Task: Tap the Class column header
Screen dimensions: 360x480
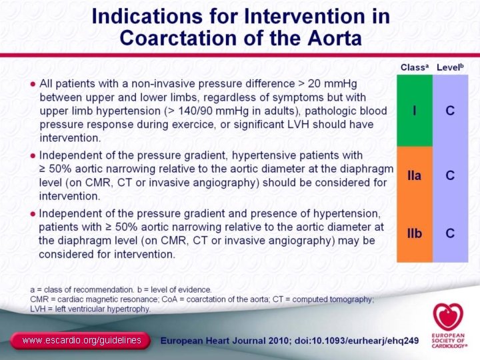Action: pyautogui.click(x=413, y=67)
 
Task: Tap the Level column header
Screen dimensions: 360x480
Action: pyautogui.click(x=449, y=67)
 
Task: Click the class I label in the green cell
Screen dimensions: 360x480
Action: pyautogui.click(x=415, y=110)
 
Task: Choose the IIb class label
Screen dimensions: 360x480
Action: pyautogui.click(x=415, y=233)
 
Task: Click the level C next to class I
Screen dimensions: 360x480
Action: pyautogui.click(x=451, y=110)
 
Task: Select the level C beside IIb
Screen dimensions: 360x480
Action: pyautogui.click(x=451, y=233)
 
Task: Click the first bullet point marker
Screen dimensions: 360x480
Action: pyautogui.click(x=32, y=85)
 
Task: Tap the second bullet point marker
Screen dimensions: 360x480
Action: pyautogui.click(x=32, y=155)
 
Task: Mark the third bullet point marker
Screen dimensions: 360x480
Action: pyautogui.click(x=32, y=214)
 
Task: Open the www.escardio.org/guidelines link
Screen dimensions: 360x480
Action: pyautogui.click(x=81, y=341)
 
